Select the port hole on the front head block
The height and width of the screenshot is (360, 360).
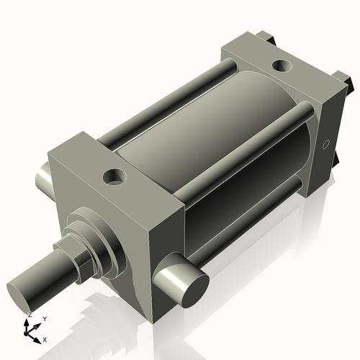(114, 175)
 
